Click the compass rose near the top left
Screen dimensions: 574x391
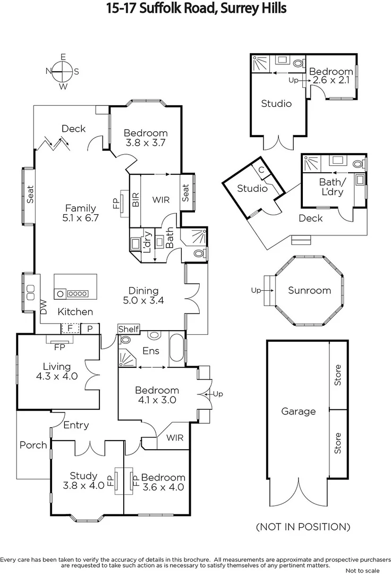pos(63,71)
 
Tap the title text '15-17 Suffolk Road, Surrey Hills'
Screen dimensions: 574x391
pos(195,9)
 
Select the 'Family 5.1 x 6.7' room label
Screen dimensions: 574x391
pos(81,213)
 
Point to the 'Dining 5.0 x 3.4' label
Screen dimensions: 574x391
pos(143,296)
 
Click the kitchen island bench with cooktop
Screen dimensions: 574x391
pos(75,287)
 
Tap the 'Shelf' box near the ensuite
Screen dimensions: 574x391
pos(128,330)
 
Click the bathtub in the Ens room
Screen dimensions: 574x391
pos(176,349)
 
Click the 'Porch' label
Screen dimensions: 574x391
pos(33,445)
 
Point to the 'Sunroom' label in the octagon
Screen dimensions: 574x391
pos(309,291)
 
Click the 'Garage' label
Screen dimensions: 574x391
pos(298,411)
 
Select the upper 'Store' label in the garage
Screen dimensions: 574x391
pos(338,375)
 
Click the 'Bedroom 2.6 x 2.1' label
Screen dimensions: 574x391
pos(330,76)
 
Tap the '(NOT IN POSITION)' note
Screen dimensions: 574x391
pos(303,527)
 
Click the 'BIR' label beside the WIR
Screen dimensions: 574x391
pos(136,200)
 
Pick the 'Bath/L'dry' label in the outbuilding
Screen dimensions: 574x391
pos(333,187)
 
